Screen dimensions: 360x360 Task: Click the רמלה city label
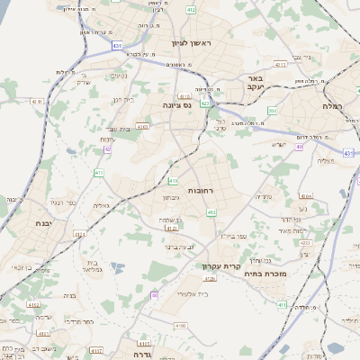click(338, 105)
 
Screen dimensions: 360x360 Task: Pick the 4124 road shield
click(79, 235)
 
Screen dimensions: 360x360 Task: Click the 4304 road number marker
click(306, 195)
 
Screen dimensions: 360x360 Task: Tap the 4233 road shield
click(304, 243)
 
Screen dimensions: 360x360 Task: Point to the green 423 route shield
click(205, 103)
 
